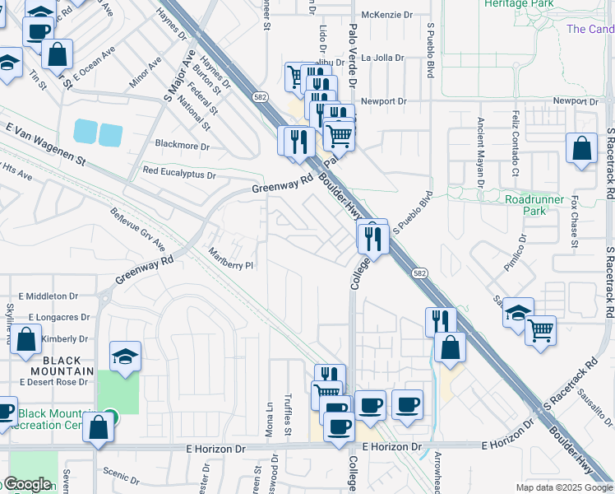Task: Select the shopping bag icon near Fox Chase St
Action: tap(581, 150)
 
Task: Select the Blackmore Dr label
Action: tap(183, 146)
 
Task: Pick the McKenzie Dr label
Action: tap(386, 15)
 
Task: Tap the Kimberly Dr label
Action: tap(64, 338)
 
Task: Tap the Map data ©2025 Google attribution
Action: tap(564, 487)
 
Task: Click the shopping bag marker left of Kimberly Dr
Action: tap(26, 338)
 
